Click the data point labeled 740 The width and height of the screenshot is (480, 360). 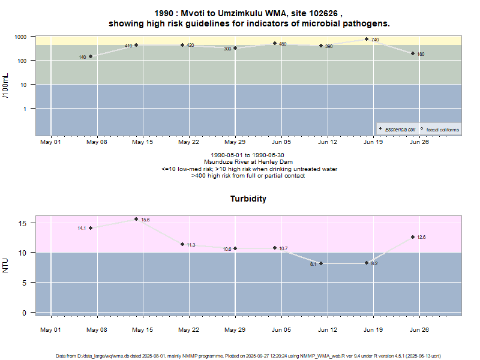click(367, 39)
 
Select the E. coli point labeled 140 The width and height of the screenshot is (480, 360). click(91, 56)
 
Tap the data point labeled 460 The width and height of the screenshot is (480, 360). click(275, 43)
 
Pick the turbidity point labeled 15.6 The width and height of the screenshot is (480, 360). click(136, 219)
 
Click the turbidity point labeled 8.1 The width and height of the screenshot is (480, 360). click(321, 263)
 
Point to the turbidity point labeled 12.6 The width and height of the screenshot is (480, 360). click(413, 237)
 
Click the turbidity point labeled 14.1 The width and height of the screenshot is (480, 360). click(91, 228)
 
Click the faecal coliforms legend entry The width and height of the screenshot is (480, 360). click(440, 129)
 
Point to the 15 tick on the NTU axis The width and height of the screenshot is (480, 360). click(22, 223)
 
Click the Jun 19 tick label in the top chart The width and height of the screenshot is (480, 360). click(373, 142)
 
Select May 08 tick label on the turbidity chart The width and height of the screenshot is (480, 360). click(97, 329)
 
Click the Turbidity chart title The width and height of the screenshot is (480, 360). click(248, 199)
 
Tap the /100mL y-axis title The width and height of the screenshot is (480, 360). click(6, 85)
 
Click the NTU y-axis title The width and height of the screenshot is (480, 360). click(6, 265)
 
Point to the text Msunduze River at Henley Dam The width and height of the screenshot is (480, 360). click(248, 162)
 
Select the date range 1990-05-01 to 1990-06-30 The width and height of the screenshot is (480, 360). click(248, 155)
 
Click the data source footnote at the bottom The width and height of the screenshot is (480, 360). click(248, 356)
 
